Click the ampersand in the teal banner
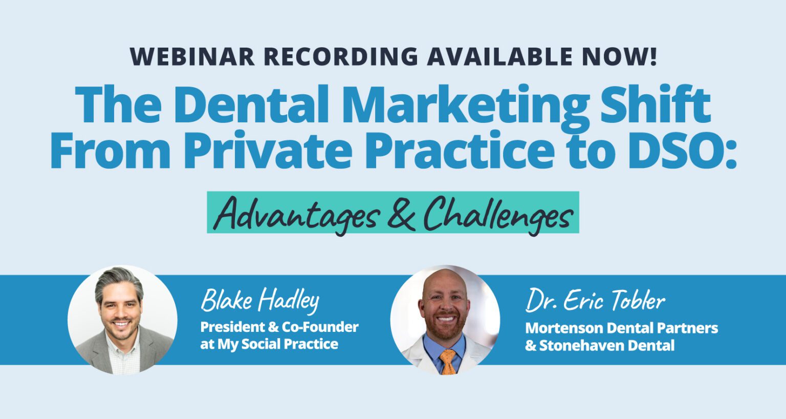(x=401, y=214)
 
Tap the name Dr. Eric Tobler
(x=595, y=301)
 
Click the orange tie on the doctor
(x=448, y=361)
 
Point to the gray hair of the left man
(x=118, y=279)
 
